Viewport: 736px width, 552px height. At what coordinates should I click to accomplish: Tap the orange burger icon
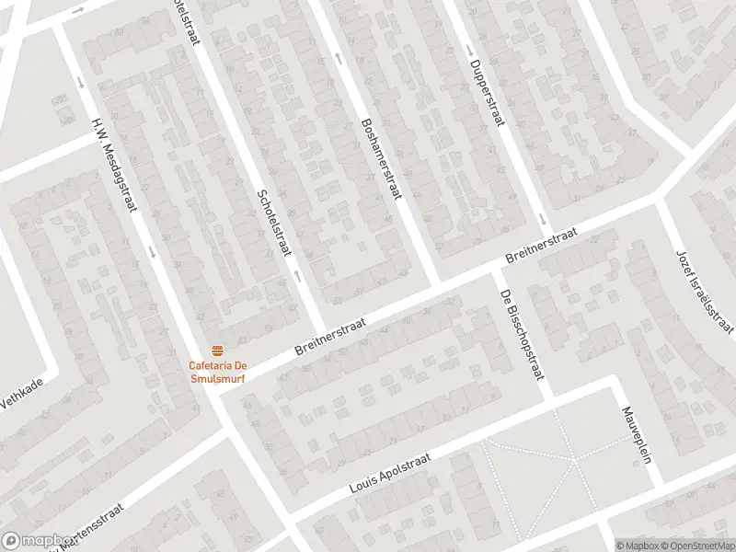[217, 351]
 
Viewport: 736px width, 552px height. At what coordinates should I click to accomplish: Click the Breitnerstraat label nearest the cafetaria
[330, 338]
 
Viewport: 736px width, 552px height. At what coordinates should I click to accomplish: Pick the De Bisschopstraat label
[522, 335]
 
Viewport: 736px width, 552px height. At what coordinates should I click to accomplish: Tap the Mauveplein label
[637, 434]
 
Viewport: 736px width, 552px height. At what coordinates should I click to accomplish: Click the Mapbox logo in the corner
[37, 541]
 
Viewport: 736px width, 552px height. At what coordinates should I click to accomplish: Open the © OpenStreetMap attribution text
[696, 546]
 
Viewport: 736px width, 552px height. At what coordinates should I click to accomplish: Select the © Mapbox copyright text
[637, 546]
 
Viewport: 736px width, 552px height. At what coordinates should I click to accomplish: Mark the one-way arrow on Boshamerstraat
[338, 58]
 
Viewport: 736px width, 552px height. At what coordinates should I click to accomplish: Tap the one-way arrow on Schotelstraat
[296, 274]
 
